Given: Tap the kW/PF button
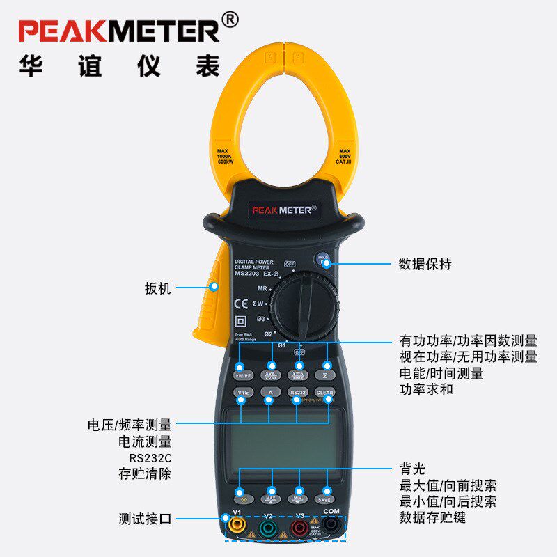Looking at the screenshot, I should pyautogui.click(x=242, y=375).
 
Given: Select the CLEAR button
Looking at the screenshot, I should pyautogui.click(x=325, y=393).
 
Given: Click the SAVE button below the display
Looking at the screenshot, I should pyautogui.click(x=325, y=499).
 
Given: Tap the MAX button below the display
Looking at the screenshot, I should pyautogui.click(x=270, y=499).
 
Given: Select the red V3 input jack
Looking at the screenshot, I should pyautogui.click(x=299, y=528).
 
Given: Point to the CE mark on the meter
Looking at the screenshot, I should pyautogui.click(x=241, y=303).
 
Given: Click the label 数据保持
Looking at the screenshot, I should pyautogui.click(x=425, y=265).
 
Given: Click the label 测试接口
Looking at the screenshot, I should pyautogui.click(x=145, y=519).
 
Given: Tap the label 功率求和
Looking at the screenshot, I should pyautogui.click(x=425, y=389).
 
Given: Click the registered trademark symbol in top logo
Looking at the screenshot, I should pyautogui.click(x=230, y=20).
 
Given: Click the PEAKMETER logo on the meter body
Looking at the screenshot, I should pyautogui.click(x=284, y=207).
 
